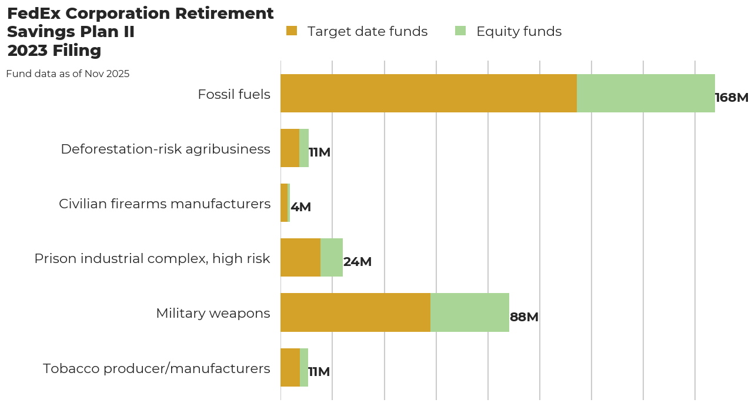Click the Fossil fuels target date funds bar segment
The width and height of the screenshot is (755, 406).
click(x=428, y=93)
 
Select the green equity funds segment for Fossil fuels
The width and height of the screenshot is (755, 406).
click(x=646, y=93)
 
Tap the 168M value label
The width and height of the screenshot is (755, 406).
click(x=731, y=98)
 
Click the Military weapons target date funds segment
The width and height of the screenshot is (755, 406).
click(x=355, y=312)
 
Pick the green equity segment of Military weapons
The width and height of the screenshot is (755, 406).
click(x=469, y=312)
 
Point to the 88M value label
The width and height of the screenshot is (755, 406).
click(x=524, y=317)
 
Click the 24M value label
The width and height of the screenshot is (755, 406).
click(x=358, y=262)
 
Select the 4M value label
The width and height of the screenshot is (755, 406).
click(x=300, y=207)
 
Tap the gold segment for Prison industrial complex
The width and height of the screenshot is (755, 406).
click(x=300, y=258)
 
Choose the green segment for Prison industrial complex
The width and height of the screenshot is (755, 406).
click(x=332, y=258)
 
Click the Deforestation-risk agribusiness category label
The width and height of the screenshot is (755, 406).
click(x=165, y=149)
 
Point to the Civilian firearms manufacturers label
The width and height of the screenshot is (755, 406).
click(x=165, y=204)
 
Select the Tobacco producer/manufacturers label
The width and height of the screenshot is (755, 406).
click(x=156, y=368)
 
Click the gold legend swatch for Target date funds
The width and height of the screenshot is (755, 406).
click(x=292, y=31)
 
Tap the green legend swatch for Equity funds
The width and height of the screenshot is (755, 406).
click(x=460, y=31)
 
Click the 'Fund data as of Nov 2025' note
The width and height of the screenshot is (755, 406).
click(x=68, y=74)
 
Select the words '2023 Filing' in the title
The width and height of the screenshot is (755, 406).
click(x=54, y=51)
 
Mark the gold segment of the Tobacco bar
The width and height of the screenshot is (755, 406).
click(x=290, y=367)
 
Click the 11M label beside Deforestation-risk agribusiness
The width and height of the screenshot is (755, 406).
click(x=319, y=152)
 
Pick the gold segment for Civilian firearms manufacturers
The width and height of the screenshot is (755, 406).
click(x=284, y=203)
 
